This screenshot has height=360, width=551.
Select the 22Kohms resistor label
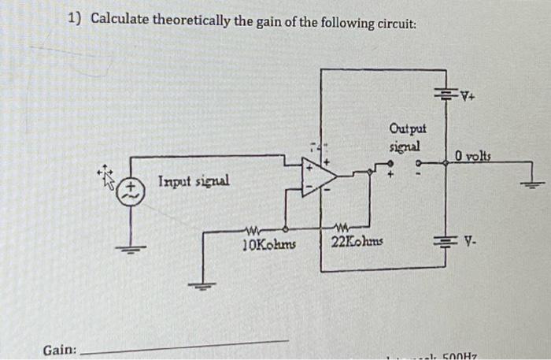coord(357,241)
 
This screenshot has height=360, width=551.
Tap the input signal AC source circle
coord(131,189)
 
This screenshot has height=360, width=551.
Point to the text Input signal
coord(194,181)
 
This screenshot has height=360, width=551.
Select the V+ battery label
coord(470,98)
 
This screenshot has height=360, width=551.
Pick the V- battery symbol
coord(446,235)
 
